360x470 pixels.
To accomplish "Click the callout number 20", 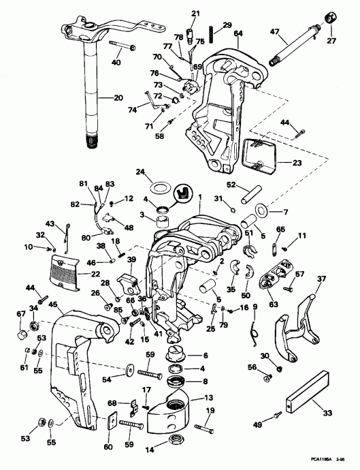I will pos(100,97).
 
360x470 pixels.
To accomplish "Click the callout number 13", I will pos(208,397).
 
